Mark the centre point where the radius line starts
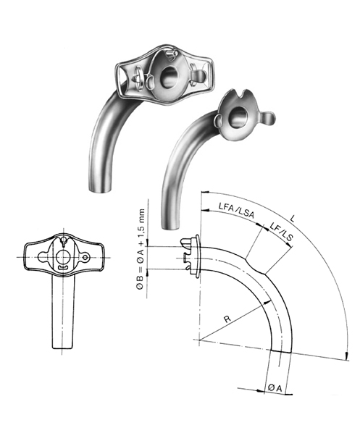[x=196, y=339]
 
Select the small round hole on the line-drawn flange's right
[x=87, y=257]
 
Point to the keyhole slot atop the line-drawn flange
[x=63, y=243]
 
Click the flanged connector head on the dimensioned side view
[x=190, y=253]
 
